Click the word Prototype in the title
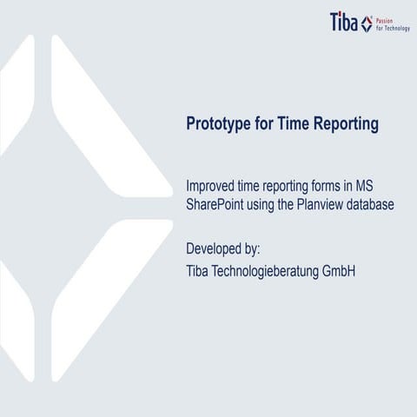221,124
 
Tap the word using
278,205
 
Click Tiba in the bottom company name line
200,271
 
